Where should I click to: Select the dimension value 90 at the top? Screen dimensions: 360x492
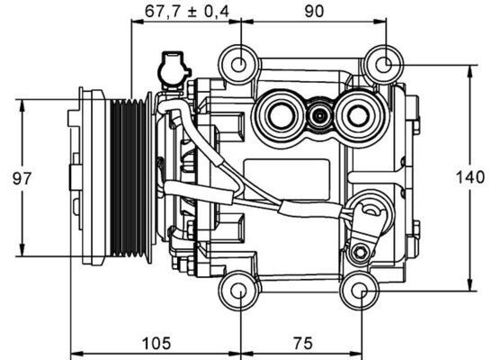[312, 11]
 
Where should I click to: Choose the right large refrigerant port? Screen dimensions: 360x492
[358, 115]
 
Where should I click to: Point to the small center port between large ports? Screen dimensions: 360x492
[318, 115]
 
